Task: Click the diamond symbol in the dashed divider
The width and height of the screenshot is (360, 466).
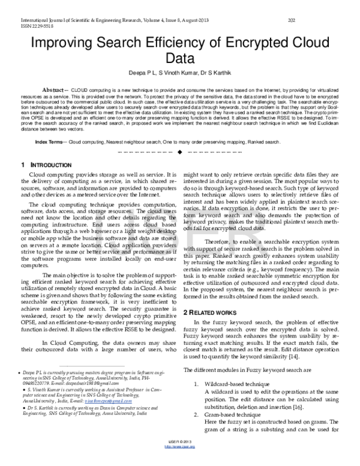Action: tap(179, 151)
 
